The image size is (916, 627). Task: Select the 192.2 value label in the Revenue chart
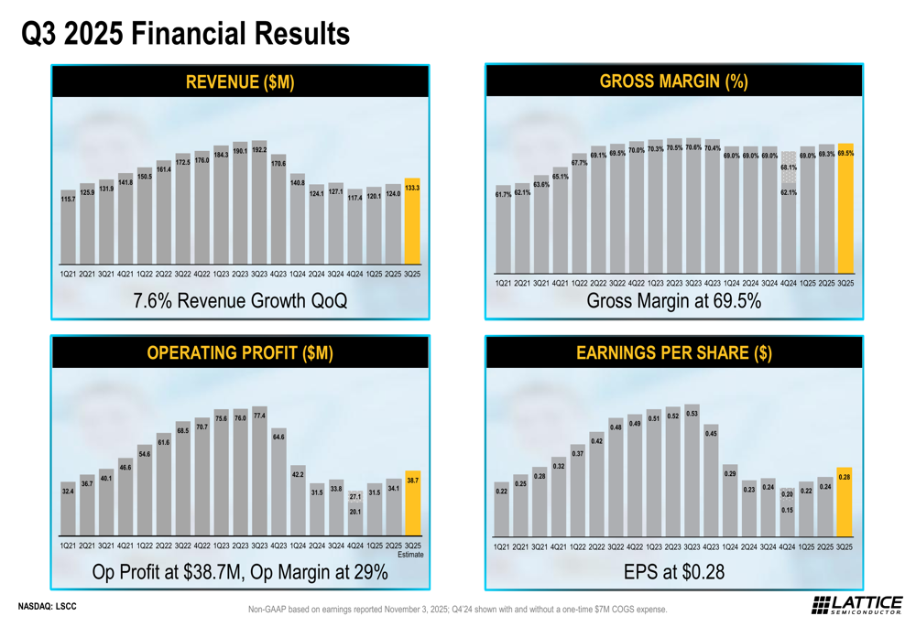click(x=259, y=149)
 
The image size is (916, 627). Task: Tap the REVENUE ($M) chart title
click(x=240, y=81)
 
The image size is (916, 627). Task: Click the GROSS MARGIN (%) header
click(x=673, y=81)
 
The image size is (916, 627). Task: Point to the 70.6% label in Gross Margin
click(x=693, y=147)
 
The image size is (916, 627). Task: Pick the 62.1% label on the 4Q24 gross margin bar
click(x=789, y=193)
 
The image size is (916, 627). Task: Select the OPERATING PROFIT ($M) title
click(x=240, y=352)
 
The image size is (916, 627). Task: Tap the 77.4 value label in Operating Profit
click(x=259, y=416)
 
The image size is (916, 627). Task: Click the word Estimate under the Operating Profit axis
click(x=410, y=555)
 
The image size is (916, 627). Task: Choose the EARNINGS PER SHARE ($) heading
click(x=673, y=352)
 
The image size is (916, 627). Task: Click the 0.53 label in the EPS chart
click(x=692, y=414)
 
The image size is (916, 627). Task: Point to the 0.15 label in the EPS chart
click(x=788, y=510)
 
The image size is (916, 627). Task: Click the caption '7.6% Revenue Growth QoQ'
click(x=240, y=300)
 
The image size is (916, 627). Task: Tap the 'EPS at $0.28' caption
click(x=673, y=572)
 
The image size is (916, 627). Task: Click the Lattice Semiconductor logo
click(x=857, y=605)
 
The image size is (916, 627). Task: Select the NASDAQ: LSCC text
click(x=48, y=606)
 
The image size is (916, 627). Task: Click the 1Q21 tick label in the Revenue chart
click(x=68, y=274)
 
